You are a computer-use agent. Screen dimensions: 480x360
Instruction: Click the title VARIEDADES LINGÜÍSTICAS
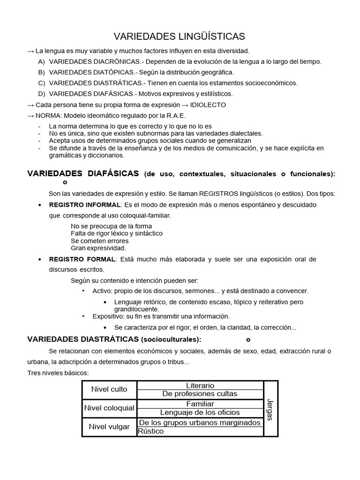180,37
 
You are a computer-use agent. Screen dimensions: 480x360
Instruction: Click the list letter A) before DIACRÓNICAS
42,61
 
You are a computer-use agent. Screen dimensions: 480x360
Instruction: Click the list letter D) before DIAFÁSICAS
42,93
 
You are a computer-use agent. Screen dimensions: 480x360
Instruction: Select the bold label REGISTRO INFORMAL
85,205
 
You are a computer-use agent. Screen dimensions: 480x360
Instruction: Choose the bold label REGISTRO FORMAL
82,259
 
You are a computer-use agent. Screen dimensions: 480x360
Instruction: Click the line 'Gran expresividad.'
98,248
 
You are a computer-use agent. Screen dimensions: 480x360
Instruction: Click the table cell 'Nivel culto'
109,389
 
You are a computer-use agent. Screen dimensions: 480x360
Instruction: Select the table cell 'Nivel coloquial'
109,408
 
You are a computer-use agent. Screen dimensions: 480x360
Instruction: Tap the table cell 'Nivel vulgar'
109,427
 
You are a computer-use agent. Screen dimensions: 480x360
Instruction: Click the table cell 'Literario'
200,385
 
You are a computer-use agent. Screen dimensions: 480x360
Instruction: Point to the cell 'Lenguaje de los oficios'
200,412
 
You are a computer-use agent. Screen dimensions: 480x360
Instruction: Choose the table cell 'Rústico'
151,431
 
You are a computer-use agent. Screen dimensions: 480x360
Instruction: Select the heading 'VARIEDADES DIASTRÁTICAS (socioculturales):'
114,339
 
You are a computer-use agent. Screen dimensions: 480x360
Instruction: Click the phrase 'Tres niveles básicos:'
58,373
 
